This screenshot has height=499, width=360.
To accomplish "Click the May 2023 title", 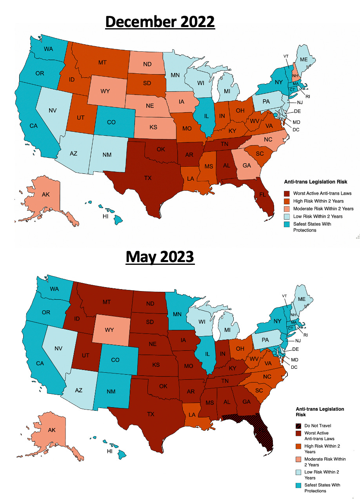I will [160, 257].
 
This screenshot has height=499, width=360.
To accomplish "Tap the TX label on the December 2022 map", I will [148, 178].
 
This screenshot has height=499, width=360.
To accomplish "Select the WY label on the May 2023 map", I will [109, 330].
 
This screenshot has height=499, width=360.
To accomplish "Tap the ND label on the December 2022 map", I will [147, 64].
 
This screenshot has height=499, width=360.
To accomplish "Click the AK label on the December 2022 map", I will [45, 195].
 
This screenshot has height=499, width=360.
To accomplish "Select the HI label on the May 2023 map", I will [110, 451].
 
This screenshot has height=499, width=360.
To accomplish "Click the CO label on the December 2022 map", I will [111, 122].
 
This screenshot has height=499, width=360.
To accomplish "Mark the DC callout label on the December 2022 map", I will [296, 129].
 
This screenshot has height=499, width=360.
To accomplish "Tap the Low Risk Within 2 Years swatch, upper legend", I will [287, 216].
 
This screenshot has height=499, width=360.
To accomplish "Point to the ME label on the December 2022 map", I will [304, 59].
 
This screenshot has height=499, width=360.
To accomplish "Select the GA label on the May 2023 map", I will [247, 402].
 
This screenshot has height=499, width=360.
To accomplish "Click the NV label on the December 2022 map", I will [53, 110].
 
